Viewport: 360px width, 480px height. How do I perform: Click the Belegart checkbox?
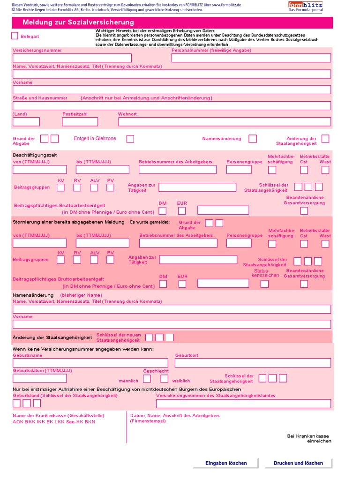pos(15,36)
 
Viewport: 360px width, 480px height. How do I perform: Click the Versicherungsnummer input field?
pos(72,58)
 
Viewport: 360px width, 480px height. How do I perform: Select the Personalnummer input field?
pos(251,58)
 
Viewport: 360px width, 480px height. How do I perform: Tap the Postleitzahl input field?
pos(80,122)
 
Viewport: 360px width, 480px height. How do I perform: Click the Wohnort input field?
pos(225,122)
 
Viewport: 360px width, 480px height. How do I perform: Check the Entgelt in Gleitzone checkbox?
pos(130,139)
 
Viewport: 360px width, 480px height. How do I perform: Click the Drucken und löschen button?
pos(299,463)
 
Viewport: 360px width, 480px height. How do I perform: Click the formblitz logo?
pos(305,6)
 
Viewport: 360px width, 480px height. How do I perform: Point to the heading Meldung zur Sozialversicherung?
pos(78,22)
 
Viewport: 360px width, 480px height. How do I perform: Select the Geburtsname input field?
pos(90,363)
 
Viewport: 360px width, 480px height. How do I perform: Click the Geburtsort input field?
pos(253,363)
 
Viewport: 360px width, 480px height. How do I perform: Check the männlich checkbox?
pos(147,379)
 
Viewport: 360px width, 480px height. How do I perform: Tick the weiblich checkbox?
pos(164,379)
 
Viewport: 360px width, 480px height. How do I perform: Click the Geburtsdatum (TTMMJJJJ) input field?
pos(40,378)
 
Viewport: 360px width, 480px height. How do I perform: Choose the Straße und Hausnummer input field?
pos(172,106)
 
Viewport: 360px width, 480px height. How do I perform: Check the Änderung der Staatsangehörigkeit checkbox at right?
pos(325,139)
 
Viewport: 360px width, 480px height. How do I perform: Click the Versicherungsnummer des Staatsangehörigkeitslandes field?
pos(243,404)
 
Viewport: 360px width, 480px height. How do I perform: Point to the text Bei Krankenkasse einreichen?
pos(315,438)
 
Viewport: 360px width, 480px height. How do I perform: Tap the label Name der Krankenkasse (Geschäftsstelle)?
pos(59,415)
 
